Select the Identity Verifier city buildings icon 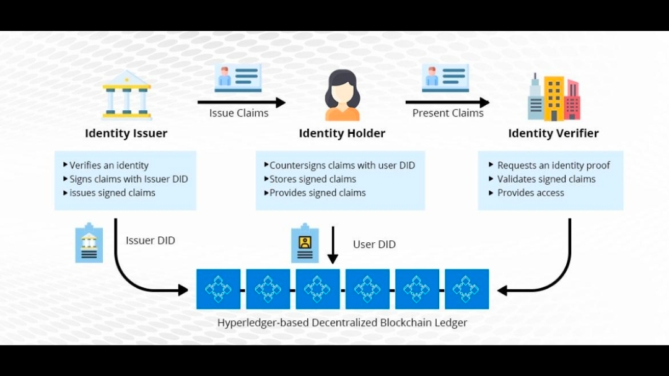point(553,97)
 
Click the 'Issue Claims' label point(238,113)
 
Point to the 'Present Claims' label point(448,113)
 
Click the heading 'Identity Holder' point(342,133)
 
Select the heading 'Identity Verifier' point(553,133)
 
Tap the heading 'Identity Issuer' point(126,133)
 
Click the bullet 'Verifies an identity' point(108,165)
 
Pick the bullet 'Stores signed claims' point(312,179)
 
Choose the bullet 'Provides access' point(530,193)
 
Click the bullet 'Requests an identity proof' point(553,165)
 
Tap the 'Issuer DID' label point(151,240)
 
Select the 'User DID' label point(374,244)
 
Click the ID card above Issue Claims point(238,77)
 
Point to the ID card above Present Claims point(445,77)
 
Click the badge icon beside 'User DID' point(305,243)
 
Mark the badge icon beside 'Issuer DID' point(89,242)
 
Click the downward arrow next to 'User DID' point(333,245)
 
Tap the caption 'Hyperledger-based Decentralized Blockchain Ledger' point(342,323)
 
